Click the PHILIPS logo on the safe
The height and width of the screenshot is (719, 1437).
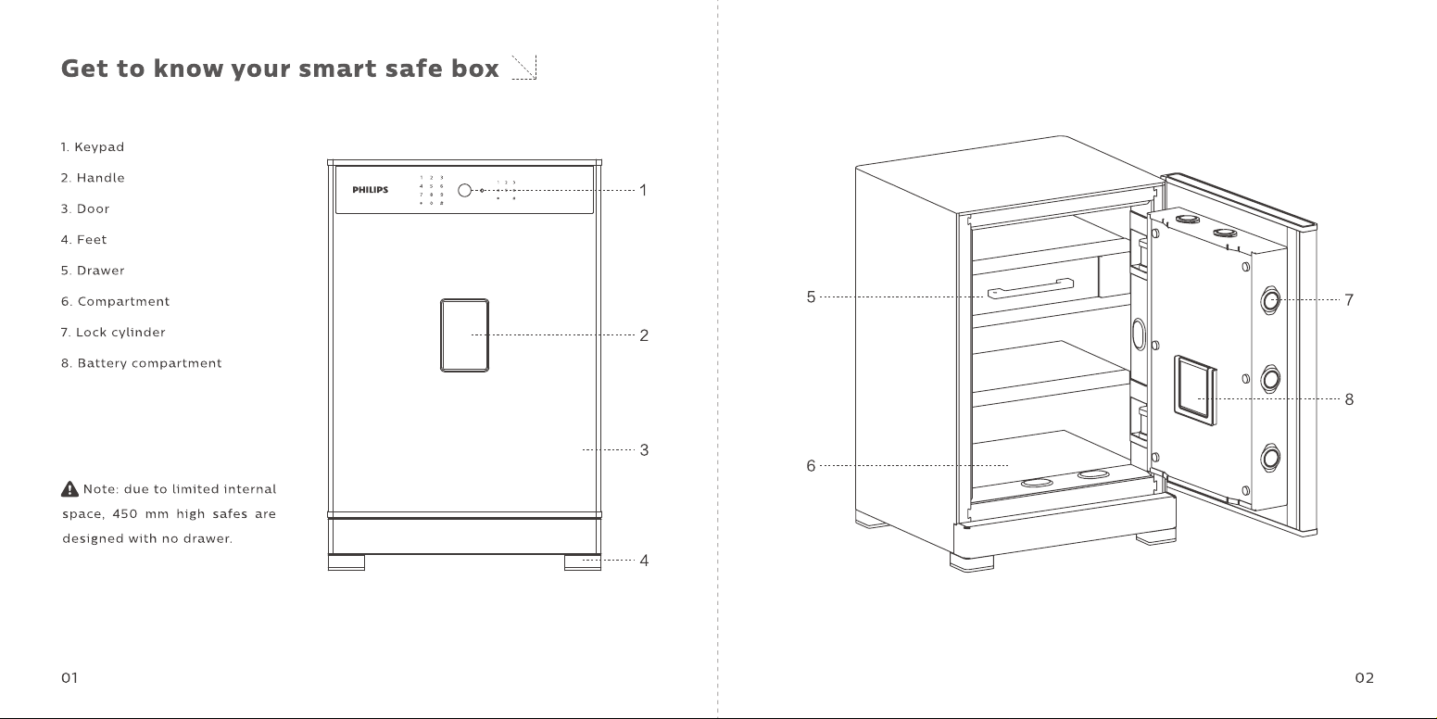[371, 190]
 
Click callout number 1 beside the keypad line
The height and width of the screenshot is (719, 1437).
[643, 191]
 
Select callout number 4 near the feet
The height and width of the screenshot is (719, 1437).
[644, 561]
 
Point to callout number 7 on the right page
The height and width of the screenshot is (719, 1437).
[1349, 300]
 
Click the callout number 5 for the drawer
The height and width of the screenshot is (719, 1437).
[811, 297]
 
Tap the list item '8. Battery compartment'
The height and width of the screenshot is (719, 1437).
[141, 363]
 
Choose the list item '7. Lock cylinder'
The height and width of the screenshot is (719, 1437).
[113, 333]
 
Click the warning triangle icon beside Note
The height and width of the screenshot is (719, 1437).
[69, 489]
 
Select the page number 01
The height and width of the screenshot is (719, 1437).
[69, 678]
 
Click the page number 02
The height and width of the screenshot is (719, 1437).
[1365, 678]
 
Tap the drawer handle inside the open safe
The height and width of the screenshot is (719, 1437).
[1030, 288]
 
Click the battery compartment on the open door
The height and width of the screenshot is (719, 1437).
[1195, 391]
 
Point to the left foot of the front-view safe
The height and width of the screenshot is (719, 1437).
[347, 562]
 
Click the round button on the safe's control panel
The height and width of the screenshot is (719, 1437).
[464, 191]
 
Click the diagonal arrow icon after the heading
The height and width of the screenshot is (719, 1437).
[524, 68]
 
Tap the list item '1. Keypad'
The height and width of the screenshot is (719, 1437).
[93, 147]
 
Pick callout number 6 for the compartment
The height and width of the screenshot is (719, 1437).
[811, 466]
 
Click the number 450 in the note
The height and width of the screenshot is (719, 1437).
[125, 513]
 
